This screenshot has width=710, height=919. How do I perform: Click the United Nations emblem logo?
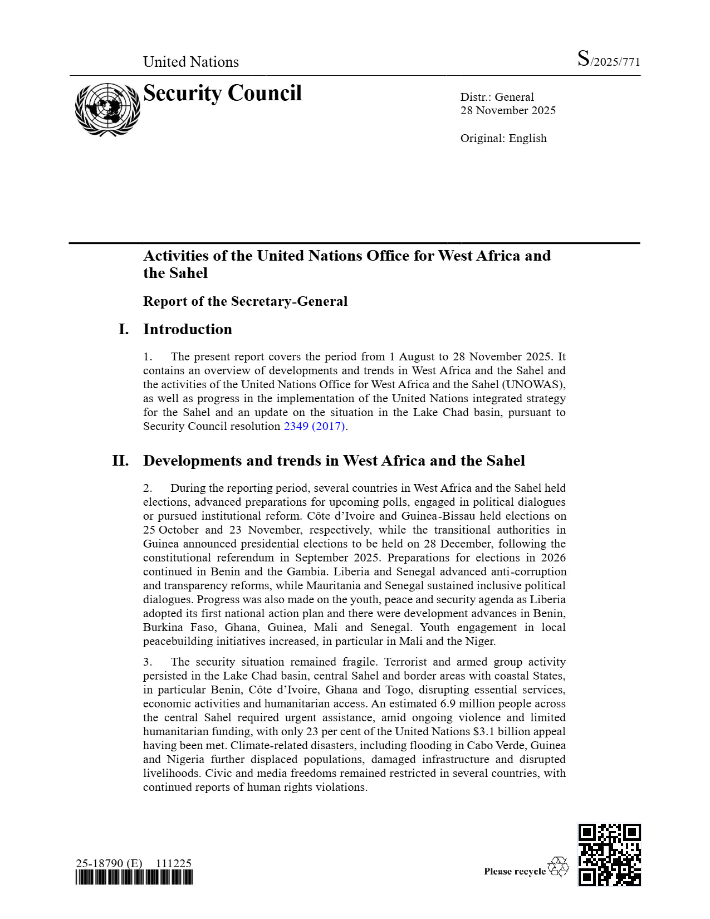coord(107,109)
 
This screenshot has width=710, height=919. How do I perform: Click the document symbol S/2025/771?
coord(608,60)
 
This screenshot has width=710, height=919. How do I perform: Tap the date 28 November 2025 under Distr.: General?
coord(507,110)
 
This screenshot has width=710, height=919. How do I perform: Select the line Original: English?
coord(503,138)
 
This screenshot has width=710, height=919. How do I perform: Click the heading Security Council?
coord(222,93)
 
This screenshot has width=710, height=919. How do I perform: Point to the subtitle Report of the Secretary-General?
coord(245,301)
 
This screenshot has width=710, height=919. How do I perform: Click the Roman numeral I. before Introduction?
coord(124,329)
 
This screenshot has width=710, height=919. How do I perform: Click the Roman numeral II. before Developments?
coord(120,461)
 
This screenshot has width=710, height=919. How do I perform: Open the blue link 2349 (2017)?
coord(315,426)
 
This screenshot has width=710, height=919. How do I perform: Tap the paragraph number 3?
coord(148,662)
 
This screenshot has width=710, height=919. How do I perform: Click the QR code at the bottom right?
coord(609,854)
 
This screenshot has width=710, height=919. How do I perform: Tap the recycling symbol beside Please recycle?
coord(558,867)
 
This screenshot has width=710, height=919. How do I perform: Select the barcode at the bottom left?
coord(134,878)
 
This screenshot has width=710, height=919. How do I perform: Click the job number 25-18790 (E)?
coord(109,863)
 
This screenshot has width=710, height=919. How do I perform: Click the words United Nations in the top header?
coord(190,62)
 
